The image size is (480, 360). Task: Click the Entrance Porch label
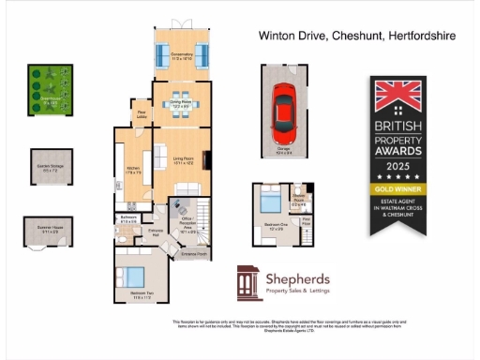pyautogui.click(x=194, y=254)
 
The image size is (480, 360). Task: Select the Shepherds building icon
pyautogui.click(x=248, y=282)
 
